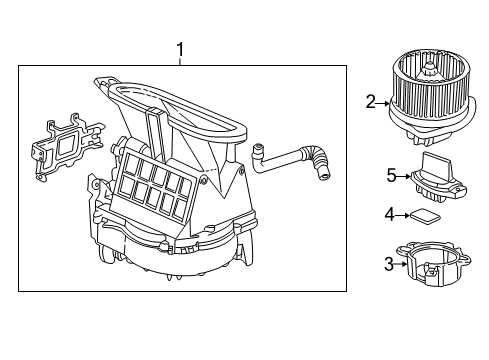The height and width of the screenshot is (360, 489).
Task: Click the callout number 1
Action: coord(180,50)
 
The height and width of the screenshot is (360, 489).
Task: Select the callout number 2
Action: coord(370,102)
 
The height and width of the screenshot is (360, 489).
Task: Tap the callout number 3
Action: coord(389,264)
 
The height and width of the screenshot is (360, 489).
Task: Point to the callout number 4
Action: coord(389,215)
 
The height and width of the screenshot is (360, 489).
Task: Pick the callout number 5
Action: coord(392,175)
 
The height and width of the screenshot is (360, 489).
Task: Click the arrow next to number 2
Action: coord(383,104)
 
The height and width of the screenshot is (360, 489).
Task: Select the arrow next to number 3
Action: coord(401,264)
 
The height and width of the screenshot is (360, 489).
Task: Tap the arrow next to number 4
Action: coord(402,215)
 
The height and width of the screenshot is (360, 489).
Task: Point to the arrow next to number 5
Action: coord(404,176)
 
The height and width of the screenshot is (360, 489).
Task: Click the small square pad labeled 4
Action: coord(425,215)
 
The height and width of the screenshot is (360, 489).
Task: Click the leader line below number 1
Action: coord(180,62)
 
